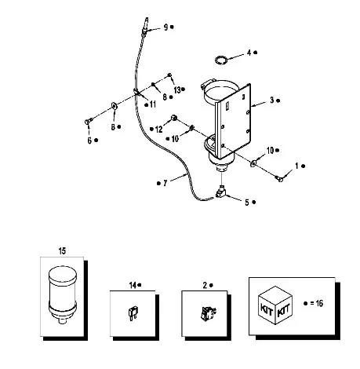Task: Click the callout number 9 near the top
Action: click(165, 27)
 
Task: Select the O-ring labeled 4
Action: click(220, 60)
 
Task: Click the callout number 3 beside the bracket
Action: click(272, 100)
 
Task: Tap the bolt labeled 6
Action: click(88, 122)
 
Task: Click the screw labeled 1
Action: click(279, 179)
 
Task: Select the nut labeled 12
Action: click(173, 118)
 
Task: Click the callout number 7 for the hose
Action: click(165, 183)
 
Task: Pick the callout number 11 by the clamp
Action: click(153, 104)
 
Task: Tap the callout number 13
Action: click(177, 90)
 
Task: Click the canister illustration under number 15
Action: click(63, 295)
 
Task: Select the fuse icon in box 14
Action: click(132, 313)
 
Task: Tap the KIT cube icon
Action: click(275, 305)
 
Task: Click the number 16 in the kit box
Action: click(319, 303)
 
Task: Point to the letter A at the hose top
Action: click(147, 20)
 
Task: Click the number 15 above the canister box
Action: click(62, 251)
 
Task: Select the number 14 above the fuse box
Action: click(133, 285)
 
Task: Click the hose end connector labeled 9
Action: click(144, 32)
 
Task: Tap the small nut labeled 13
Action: click(169, 75)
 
